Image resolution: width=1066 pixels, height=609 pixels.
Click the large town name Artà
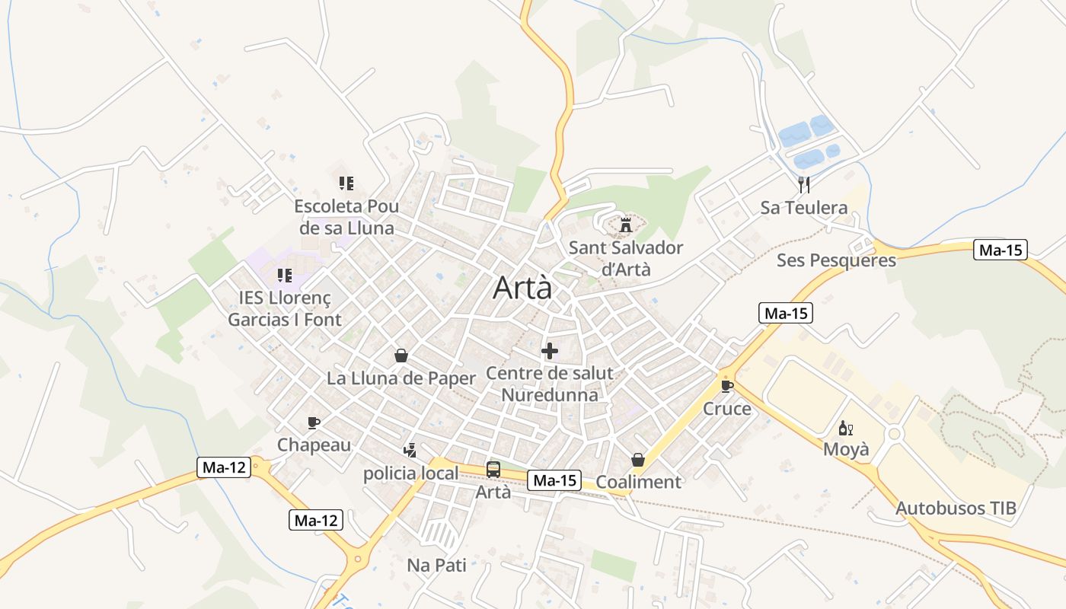click(x=522, y=288)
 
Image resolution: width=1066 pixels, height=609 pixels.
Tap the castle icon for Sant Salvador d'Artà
click(x=626, y=225)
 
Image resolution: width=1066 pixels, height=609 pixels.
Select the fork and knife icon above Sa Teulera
click(x=803, y=183)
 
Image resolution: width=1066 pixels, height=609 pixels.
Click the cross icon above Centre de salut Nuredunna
click(x=549, y=351)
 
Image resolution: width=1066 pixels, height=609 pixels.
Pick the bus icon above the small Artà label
click(x=493, y=470)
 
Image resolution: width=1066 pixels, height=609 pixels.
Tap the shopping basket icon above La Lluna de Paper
click(x=401, y=356)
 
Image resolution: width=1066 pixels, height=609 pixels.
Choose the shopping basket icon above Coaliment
click(x=638, y=460)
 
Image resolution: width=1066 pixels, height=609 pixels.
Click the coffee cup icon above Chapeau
click(x=313, y=422)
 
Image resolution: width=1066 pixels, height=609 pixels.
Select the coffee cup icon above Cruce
click(x=726, y=386)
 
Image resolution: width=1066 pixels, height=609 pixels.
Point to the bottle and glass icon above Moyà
click(x=845, y=428)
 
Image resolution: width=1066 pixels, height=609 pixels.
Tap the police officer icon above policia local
click(x=410, y=451)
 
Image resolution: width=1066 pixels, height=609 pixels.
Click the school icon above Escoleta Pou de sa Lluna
click(x=346, y=183)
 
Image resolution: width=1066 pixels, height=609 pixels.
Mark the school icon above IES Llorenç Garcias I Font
click(x=284, y=275)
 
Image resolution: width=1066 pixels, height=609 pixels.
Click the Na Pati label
click(x=436, y=565)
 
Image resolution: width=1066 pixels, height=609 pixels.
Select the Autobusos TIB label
click(x=956, y=509)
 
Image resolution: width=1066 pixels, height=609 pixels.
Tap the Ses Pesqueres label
click(x=836, y=260)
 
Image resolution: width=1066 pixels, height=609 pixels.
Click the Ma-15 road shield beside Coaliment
click(x=555, y=480)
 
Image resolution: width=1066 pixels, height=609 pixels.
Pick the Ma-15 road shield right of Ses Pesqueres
click(x=1001, y=250)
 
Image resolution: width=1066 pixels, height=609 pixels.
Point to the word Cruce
click(x=726, y=409)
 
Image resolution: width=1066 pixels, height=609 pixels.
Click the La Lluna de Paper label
click(x=401, y=378)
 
